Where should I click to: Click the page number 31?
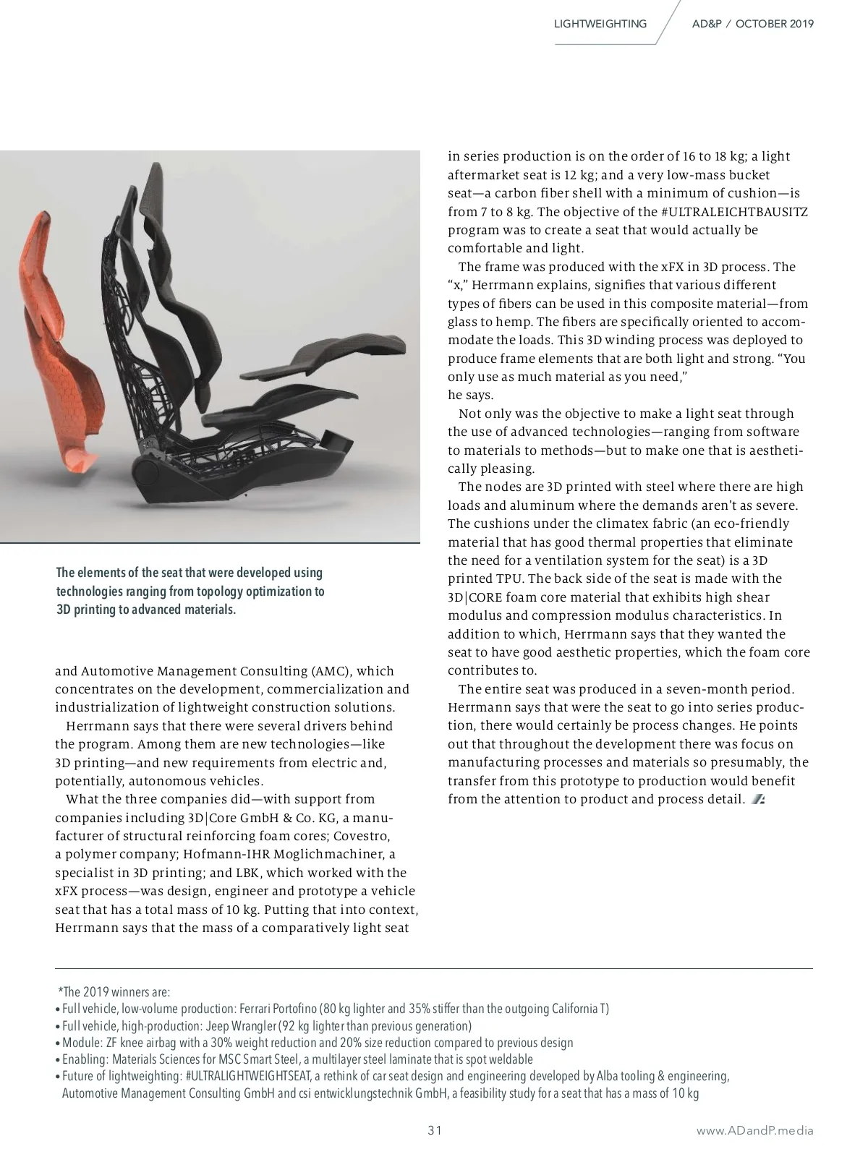point(434,1130)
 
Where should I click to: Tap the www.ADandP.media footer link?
point(754,1131)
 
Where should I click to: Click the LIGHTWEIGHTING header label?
point(600,24)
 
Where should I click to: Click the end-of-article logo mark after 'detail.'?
point(759,800)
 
